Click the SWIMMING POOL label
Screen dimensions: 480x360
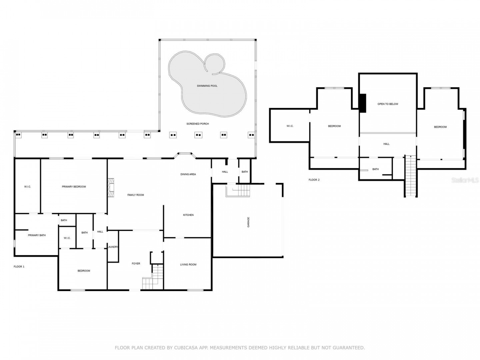click(207, 86)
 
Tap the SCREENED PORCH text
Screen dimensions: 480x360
click(197, 124)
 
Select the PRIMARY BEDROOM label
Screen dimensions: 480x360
click(74, 187)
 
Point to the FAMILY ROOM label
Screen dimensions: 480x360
click(136, 195)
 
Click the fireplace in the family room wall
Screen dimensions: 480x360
click(111, 188)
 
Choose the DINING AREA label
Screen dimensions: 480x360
click(188, 174)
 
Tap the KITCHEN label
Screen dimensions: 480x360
click(188, 215)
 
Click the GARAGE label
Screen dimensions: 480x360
click(248, 222)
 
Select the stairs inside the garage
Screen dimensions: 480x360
click(238, 191)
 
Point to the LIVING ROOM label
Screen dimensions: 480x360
click(188, 264)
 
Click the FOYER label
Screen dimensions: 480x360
click(136, 264)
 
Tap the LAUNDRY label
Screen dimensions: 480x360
click(113, 247)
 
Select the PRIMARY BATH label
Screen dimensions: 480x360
click(37, 235)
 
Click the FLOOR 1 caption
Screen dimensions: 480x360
click(19, 267)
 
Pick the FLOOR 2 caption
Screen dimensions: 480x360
click(314, 180)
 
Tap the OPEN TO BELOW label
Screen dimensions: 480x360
click(388, 104)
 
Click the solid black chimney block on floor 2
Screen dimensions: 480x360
click(363, 103)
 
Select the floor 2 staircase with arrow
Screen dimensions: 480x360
click(410, 176)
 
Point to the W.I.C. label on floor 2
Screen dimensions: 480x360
click(290, 126)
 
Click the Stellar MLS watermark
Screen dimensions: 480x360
click(465, 180)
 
